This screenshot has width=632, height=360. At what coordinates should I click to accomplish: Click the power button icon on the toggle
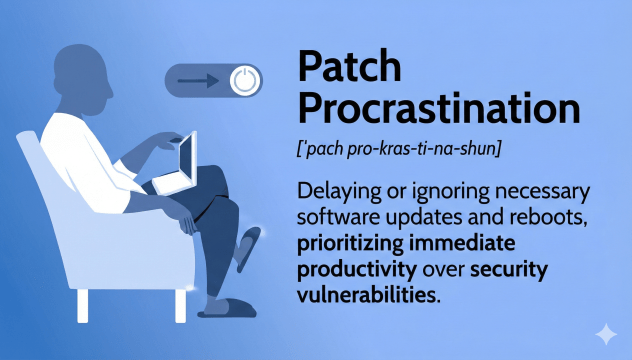click(242, 81)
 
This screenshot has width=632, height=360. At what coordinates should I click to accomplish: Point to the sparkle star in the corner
click(606, 333)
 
